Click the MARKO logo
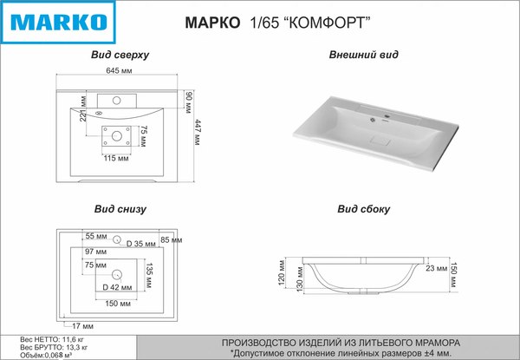point(58,23)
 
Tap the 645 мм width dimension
point(119,70)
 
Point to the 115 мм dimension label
point(116,158)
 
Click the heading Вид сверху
point(120,55)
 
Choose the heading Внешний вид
point(363,55)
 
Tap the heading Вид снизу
point(120,209)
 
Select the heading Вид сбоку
point(363,209)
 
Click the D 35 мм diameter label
point(141,244)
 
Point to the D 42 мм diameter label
point(117,287)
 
